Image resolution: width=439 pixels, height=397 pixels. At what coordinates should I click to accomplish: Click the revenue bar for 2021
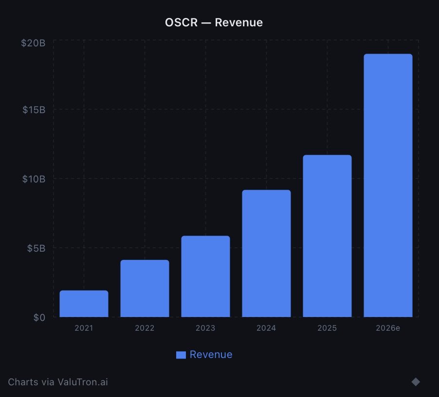pyautogui.click(x=84, y=304)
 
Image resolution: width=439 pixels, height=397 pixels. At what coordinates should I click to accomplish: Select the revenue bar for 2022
pyautogui.click(x=145, y=289)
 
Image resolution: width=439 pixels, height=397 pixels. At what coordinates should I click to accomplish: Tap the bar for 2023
pyautogui.click(x=205, y=277)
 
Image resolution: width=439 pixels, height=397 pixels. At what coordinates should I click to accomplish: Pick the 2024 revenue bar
pyautogui.click(x=266, y=254)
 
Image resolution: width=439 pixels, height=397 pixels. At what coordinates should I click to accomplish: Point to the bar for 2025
pyautogui.click(x=327, y=236)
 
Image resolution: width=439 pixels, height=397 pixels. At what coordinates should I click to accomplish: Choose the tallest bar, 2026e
pyautogui.click(x=388, y=185)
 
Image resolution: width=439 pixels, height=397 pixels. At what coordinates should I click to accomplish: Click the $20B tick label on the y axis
pyautogui.click(x=33, y=43)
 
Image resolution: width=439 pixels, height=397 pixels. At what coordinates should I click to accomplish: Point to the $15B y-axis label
pyautogui.click(x=34, y=110)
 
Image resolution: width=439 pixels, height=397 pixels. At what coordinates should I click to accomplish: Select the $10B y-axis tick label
pyautogui.click(x=34, y=179)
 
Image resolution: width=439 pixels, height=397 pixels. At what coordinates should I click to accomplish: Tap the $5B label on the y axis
pyautogui.click(x=36, y=248)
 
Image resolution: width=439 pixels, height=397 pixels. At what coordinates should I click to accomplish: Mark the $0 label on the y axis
pyautogui.click(x=39, y=318)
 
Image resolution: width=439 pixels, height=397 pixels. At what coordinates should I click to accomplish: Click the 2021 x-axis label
pyautogui.click(x=84, y=328)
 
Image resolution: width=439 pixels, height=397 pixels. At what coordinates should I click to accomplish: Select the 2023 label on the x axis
pyautogui.click(x=205, y=328)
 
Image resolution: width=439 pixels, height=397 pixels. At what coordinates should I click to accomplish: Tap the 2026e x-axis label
pyautogui.click(x=388, y=328)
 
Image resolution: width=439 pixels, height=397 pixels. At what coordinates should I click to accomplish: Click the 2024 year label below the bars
pyautogui.click(x=266, y=328)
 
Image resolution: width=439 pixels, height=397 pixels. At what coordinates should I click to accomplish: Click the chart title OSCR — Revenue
pyautogui.click(x=214, y=22)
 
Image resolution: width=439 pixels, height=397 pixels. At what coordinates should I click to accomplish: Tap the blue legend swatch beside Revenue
pyautogui.click(x=181, y=355)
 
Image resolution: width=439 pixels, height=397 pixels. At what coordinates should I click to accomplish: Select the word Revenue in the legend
pyautogui.click(x=211, y=355)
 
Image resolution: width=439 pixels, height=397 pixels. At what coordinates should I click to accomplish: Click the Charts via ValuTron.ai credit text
pyautogui.click(x=58, y=382)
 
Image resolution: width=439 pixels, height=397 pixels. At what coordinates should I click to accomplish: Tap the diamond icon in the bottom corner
pyautogui.click(x=416, y=381)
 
